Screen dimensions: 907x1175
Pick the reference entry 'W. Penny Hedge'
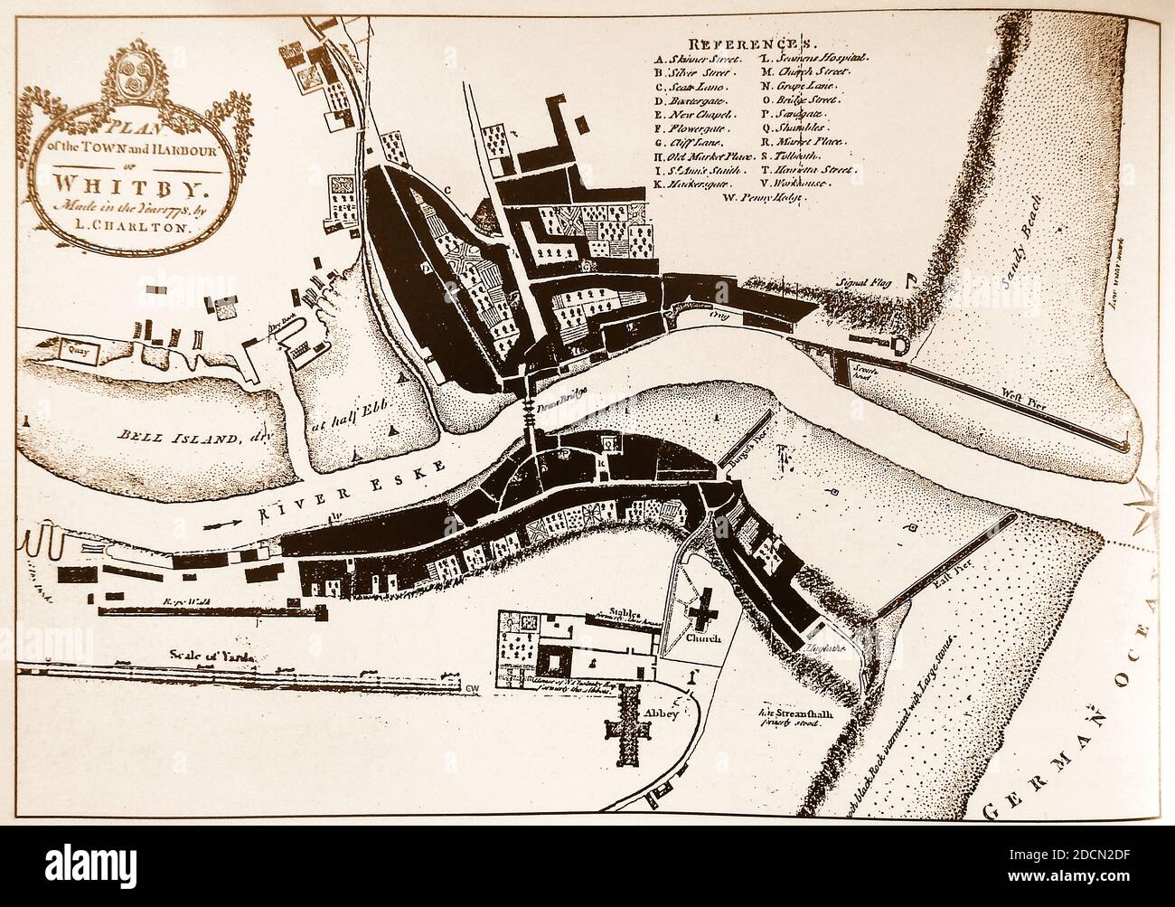coord(773,196)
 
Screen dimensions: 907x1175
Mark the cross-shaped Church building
coord(701,615)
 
